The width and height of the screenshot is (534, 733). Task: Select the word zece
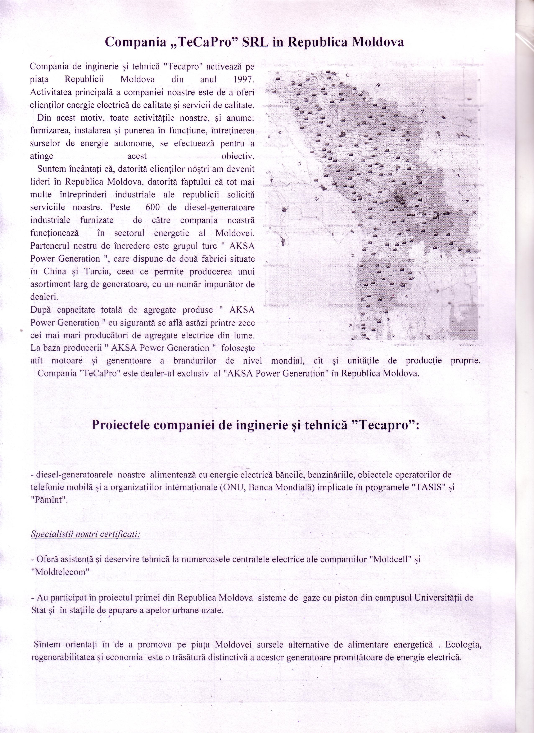tap(246, 323)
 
